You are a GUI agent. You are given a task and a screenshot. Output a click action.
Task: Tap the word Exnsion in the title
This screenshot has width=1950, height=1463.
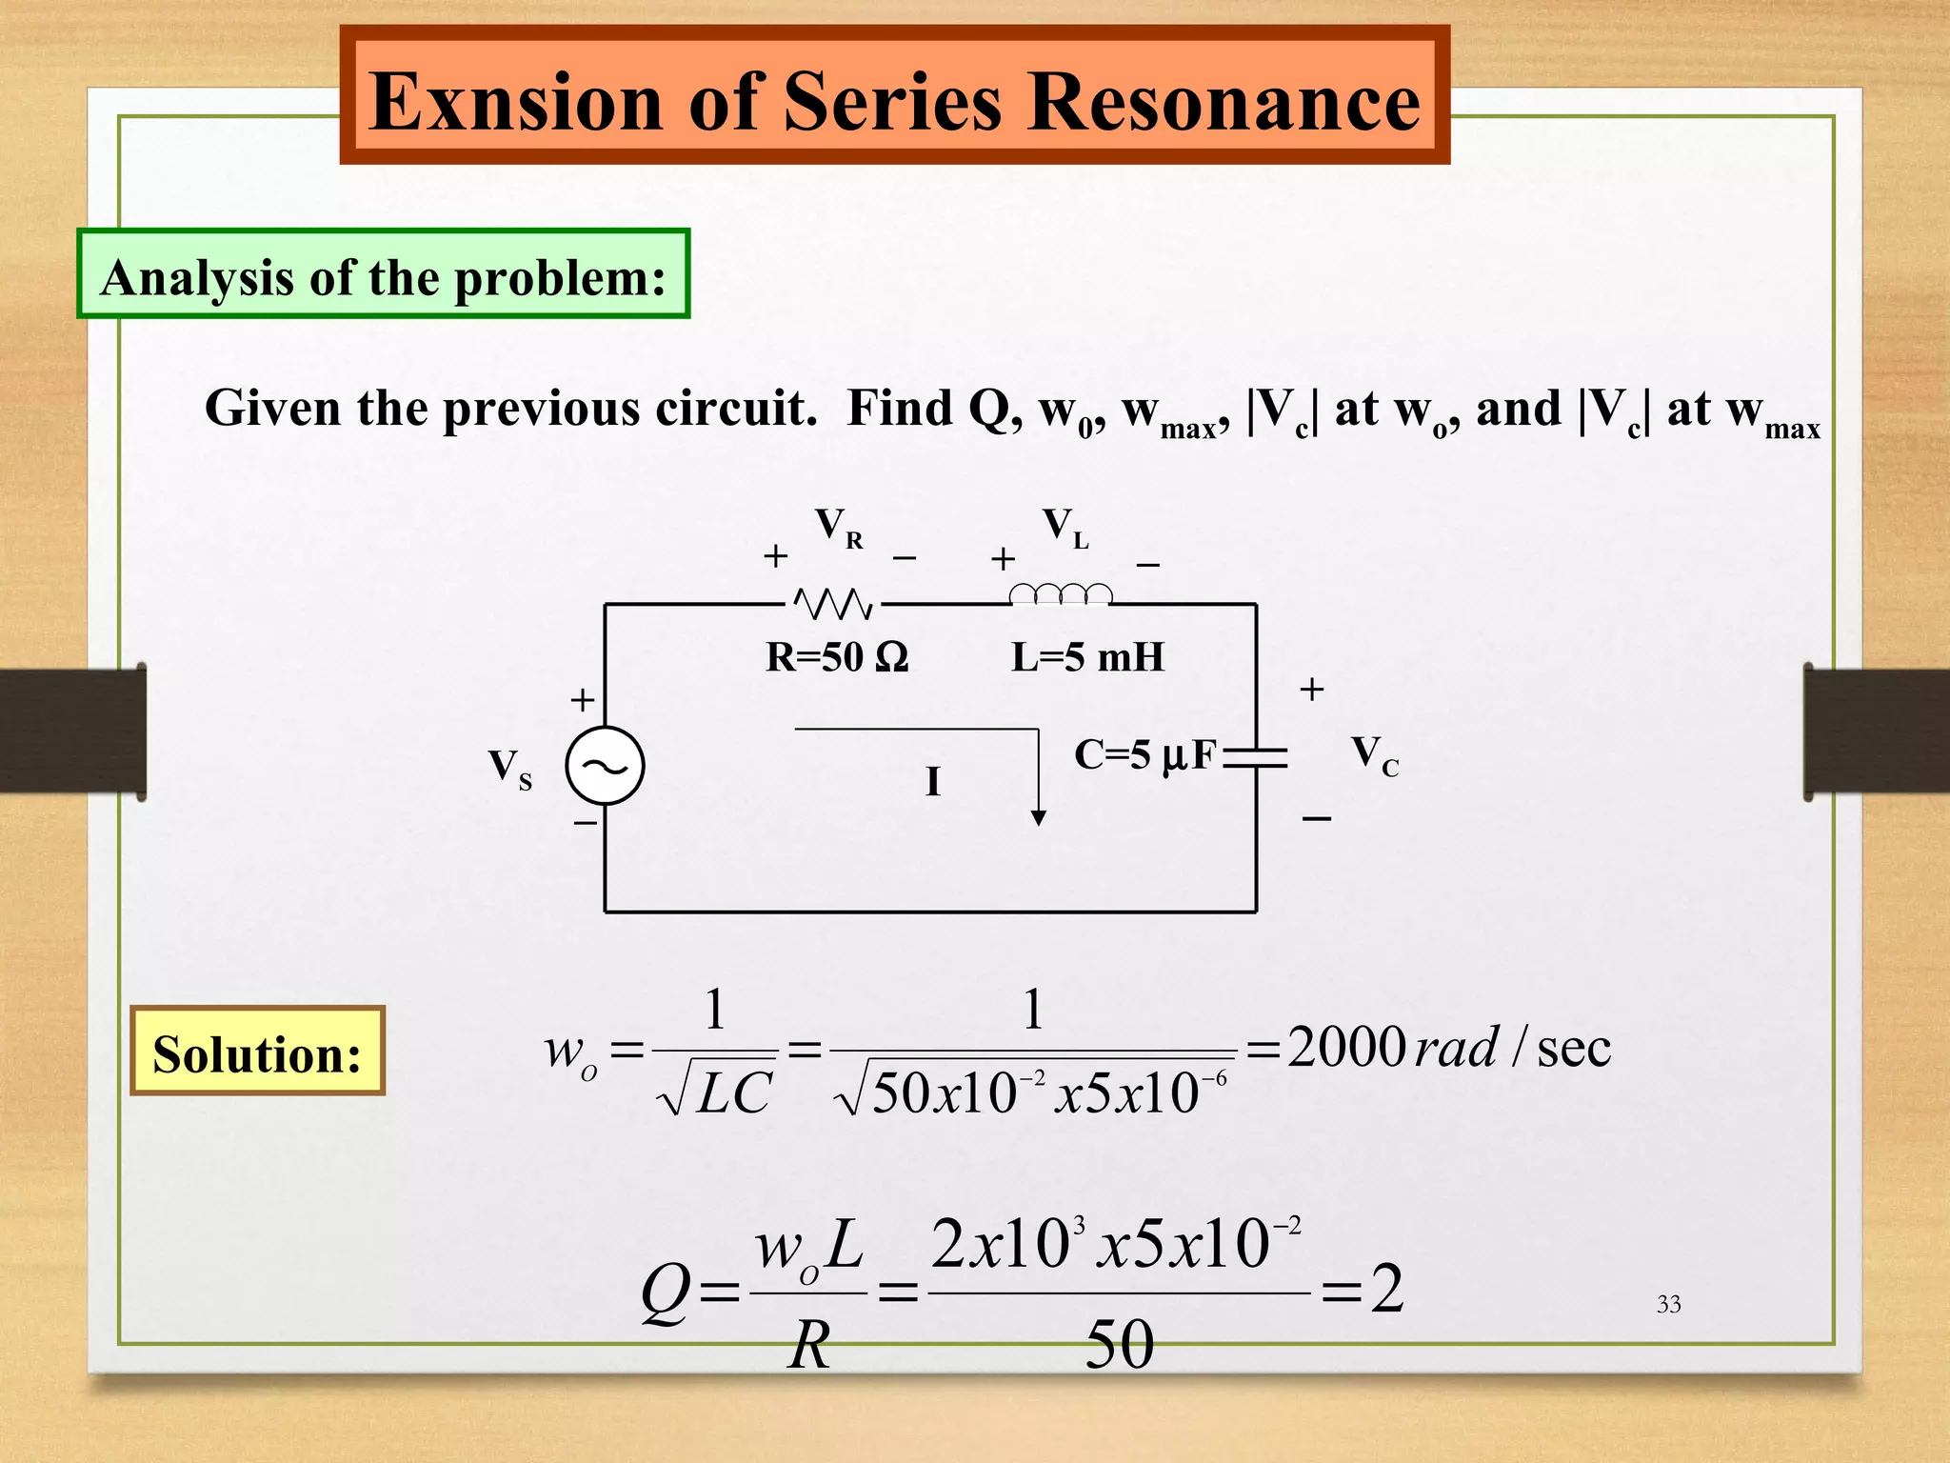click(x=515, y=102)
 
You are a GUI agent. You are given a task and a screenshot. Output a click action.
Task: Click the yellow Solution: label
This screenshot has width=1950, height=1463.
click(x=257, y=1052)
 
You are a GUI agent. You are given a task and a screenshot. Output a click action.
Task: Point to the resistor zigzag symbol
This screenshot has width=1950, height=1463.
click(x=833, y=603)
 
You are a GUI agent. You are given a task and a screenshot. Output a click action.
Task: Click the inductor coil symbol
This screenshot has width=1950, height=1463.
click(x=1060, y=594)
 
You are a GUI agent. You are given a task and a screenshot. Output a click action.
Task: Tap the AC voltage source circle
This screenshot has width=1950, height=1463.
click(x=605, y=766)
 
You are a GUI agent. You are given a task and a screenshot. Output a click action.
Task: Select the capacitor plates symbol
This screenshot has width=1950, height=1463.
click(x=1256, y=758)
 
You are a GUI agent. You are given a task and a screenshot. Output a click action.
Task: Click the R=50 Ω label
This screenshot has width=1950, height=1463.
click(x=837, y=657)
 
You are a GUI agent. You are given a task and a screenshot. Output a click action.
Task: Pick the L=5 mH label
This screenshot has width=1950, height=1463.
click(x=1087, y=657)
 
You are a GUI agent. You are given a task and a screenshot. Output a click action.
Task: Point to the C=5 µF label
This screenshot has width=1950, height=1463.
click(x=1145, y=755)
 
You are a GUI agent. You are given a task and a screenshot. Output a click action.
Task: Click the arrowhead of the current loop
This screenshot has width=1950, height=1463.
click(x=1039, y=817)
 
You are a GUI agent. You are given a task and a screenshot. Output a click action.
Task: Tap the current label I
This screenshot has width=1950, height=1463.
click(x=933, y=782)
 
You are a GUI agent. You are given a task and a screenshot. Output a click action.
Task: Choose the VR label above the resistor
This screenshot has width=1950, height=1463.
click(x=838, y=527)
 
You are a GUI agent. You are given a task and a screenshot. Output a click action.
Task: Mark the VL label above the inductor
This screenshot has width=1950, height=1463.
click(x=1065, y=527)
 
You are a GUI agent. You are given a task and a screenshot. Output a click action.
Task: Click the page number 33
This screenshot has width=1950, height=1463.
click(x=1668, y=1304)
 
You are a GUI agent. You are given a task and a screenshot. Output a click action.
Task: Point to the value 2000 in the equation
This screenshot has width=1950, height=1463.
click(x=1346, y=1048)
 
